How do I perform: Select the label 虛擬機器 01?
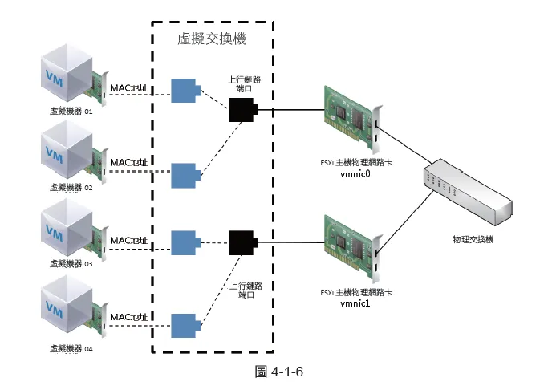point(71,112)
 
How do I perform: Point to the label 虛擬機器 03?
point(71,262)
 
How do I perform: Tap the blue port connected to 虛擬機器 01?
point(185,91)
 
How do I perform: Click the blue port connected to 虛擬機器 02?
point(185,173)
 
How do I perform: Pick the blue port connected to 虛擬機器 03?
point(185,241)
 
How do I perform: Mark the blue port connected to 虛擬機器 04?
point(185,323)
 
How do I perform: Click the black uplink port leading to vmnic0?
point(242,109)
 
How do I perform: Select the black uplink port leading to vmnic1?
point(242,241)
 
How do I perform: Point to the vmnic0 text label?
point(355,173)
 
